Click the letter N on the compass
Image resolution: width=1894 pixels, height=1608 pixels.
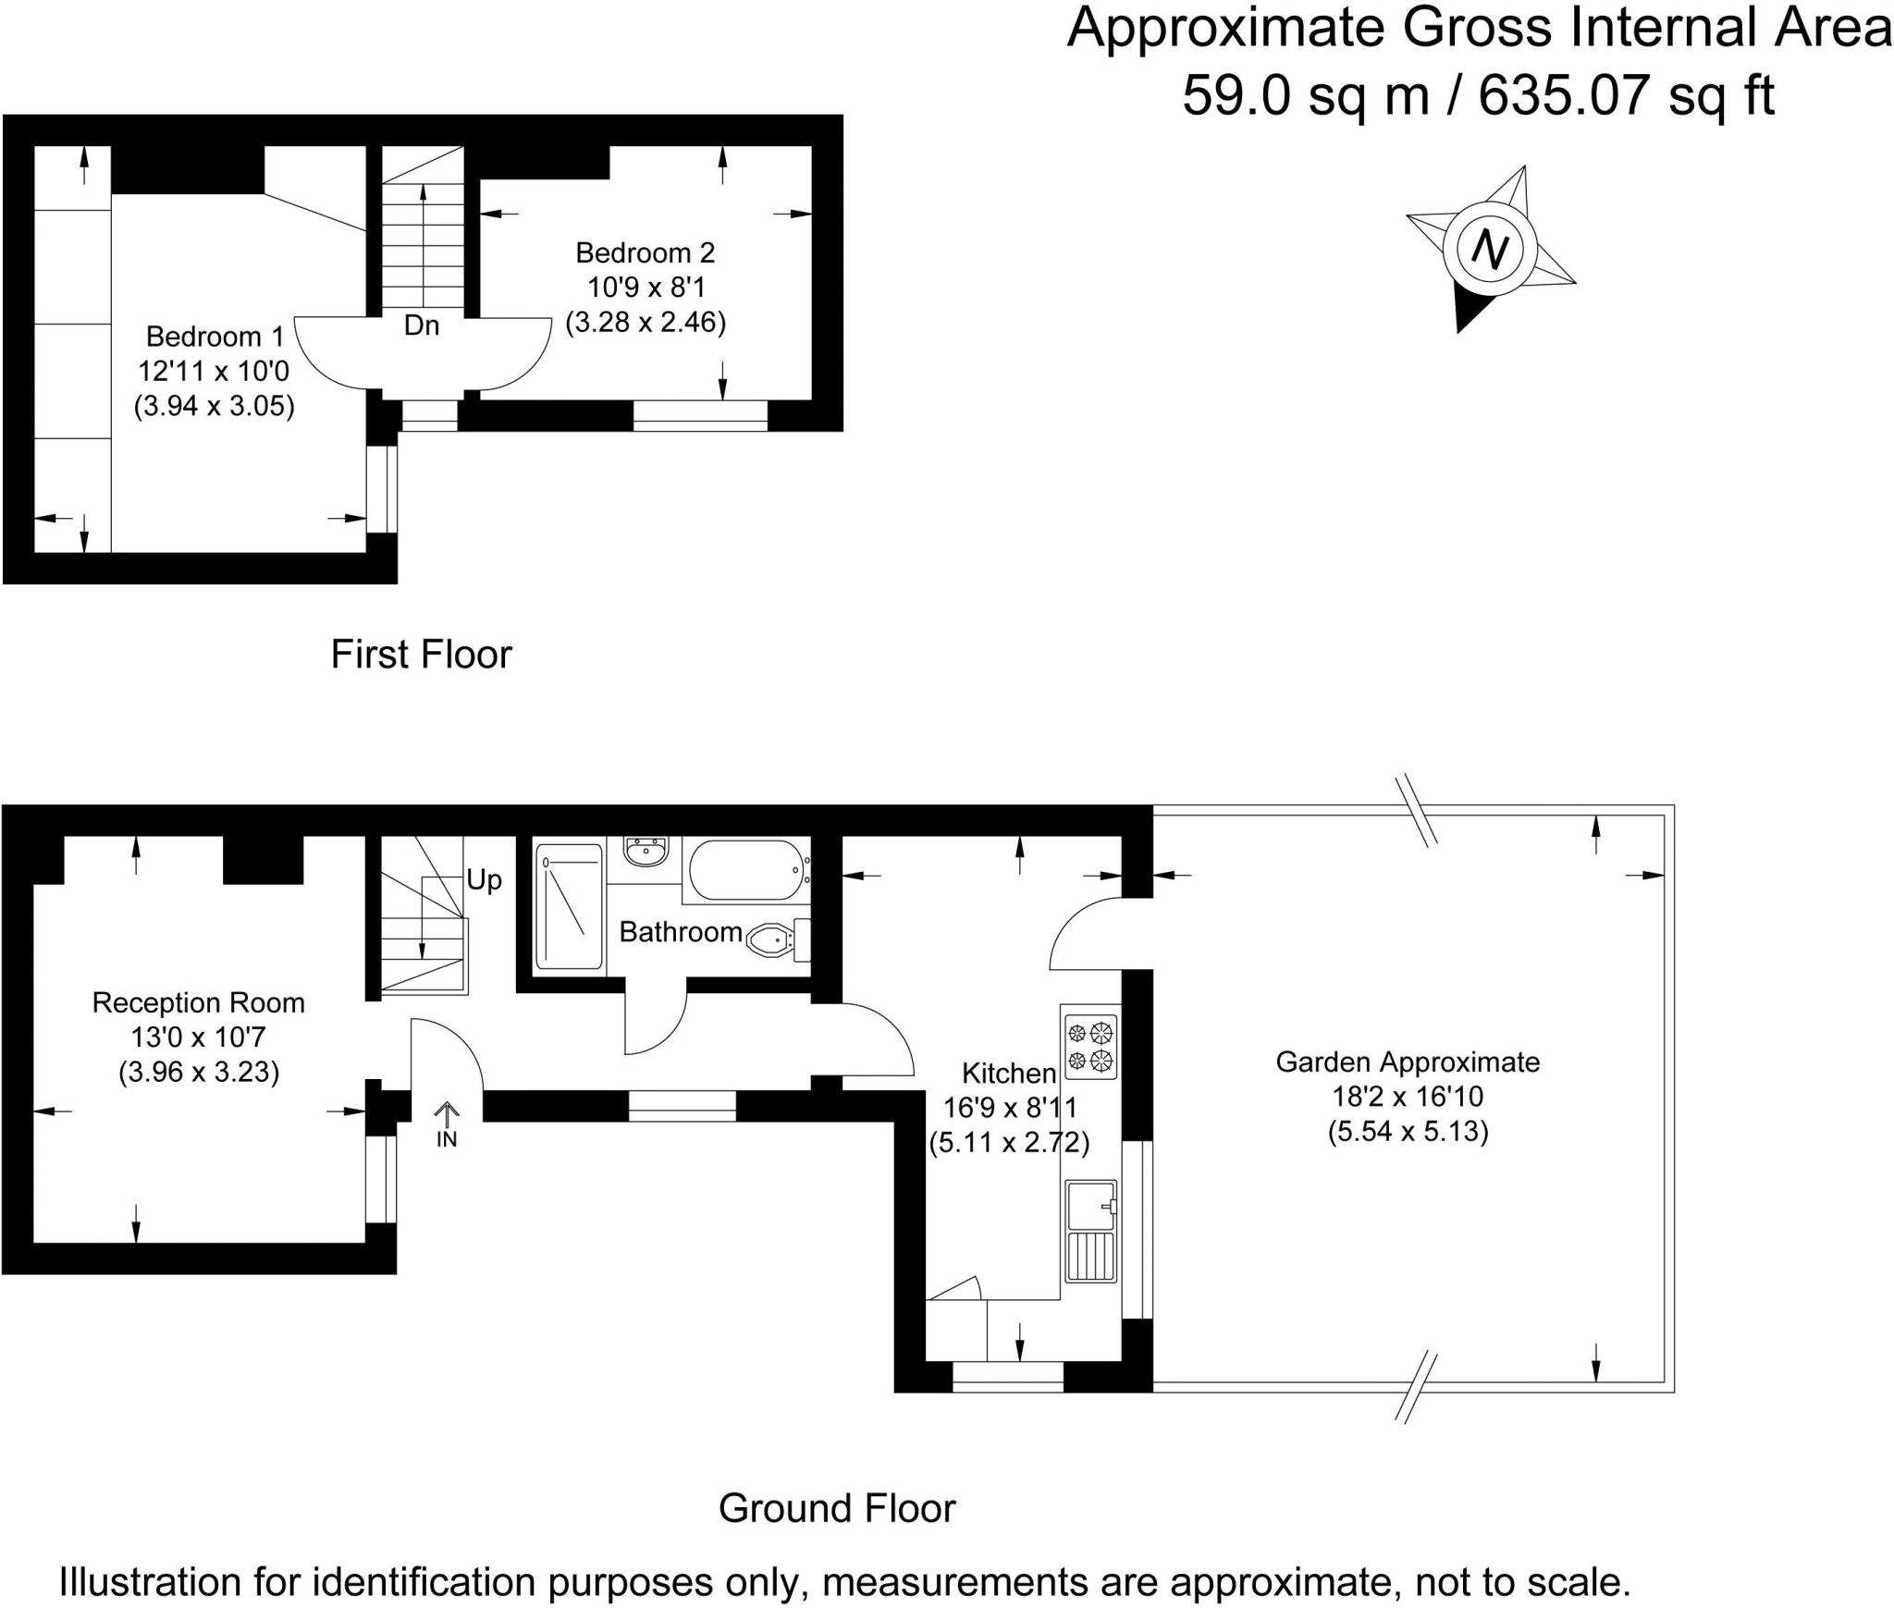1489,249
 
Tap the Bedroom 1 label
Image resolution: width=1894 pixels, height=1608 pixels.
215,337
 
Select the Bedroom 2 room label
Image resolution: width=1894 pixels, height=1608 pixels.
646,252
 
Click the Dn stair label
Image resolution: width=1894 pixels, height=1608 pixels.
422,325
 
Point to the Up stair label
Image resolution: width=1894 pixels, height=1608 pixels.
484,879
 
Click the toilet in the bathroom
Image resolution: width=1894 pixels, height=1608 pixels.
778,940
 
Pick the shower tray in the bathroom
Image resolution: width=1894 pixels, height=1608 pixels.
568,906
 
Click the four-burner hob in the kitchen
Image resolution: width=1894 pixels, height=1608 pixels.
1091,1047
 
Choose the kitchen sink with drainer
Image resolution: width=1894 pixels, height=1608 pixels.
1091,1231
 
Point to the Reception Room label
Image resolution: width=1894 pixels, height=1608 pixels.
199,1003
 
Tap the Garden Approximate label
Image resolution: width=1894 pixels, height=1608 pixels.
1408,1062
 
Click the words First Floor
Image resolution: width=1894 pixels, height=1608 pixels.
421,655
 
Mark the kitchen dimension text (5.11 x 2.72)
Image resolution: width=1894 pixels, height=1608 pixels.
1009,1143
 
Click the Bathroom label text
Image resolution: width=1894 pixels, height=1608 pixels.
681,932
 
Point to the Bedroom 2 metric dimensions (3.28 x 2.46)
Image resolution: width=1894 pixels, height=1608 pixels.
646,323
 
